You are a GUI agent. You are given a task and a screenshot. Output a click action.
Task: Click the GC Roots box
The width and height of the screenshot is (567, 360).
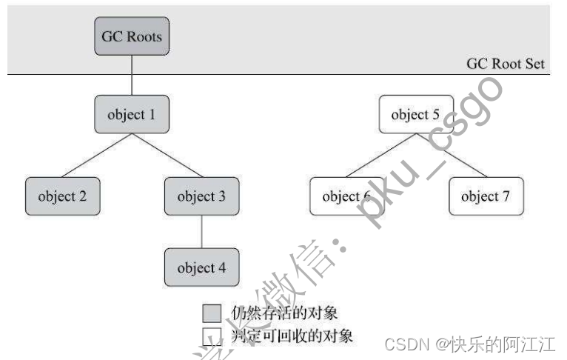pyautogui.click(x=132, y=36)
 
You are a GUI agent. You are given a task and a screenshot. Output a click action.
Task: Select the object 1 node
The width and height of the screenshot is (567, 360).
pyautogui.click(x=132, y=114)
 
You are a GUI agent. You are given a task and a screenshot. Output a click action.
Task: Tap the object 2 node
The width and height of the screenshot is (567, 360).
pyautogui.click(x=61, y=196)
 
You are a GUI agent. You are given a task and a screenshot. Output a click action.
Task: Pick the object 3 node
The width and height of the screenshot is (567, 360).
pyautogui.click(x=201, y=196)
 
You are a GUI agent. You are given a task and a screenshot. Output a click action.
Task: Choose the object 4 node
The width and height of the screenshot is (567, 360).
pyautogui.click(x=201, y=267)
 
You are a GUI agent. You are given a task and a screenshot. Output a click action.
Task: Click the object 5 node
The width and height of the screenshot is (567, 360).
pyautogui.click(x=415, y=114)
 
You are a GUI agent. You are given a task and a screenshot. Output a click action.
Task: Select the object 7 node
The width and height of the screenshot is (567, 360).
pyautogui.click(x=486, y=196)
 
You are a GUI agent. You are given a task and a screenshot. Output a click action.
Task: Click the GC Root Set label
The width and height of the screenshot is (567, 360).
pyautogui.click(x=505, y=63)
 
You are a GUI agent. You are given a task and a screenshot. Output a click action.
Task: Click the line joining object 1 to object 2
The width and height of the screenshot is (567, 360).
pyautogui.click(x=96, y=156)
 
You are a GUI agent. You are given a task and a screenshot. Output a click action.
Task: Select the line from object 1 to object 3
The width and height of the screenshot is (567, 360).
pyautogui.click(x=167, y=156)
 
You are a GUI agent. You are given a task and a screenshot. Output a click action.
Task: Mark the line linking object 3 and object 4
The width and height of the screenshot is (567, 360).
pyautogui.click(x=201, y=231)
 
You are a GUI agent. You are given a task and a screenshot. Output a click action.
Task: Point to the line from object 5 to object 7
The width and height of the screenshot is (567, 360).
pyautogui.click(x=451, y=156)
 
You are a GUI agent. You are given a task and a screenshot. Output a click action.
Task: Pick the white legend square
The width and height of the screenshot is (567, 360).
pyautogui.click(x=212, y=336)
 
